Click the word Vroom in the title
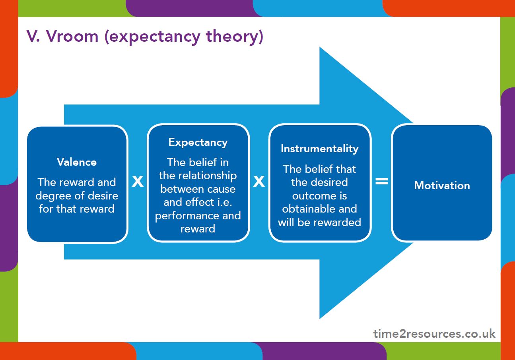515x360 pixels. (72, 36)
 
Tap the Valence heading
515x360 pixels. (77, 162)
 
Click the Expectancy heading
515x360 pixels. (198, 143)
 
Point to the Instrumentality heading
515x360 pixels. (320, 149)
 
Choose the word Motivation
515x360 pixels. (442, 186)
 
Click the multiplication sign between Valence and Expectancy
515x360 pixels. (138, 182)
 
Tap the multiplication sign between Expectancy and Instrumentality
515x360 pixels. (259, 182)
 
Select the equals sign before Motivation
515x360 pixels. (382, 181)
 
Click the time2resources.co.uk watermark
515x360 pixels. (434, 334)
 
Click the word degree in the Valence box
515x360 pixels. (53, 196)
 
